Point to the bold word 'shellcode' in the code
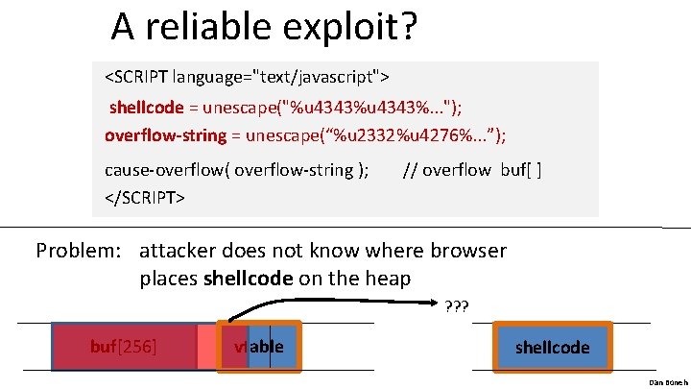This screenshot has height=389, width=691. tap(145, 107)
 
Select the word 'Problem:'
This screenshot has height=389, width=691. tap(80, 252)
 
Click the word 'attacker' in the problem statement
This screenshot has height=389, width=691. tap(182, 252)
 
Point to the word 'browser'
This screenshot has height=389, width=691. tap(467, 252)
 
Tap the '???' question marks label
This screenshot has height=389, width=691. tap(457, 307)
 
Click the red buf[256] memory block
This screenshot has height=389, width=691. tap(124, 346)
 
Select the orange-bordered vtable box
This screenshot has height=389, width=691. tap(260, 346)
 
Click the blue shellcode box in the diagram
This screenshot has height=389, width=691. tap(552, 347)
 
